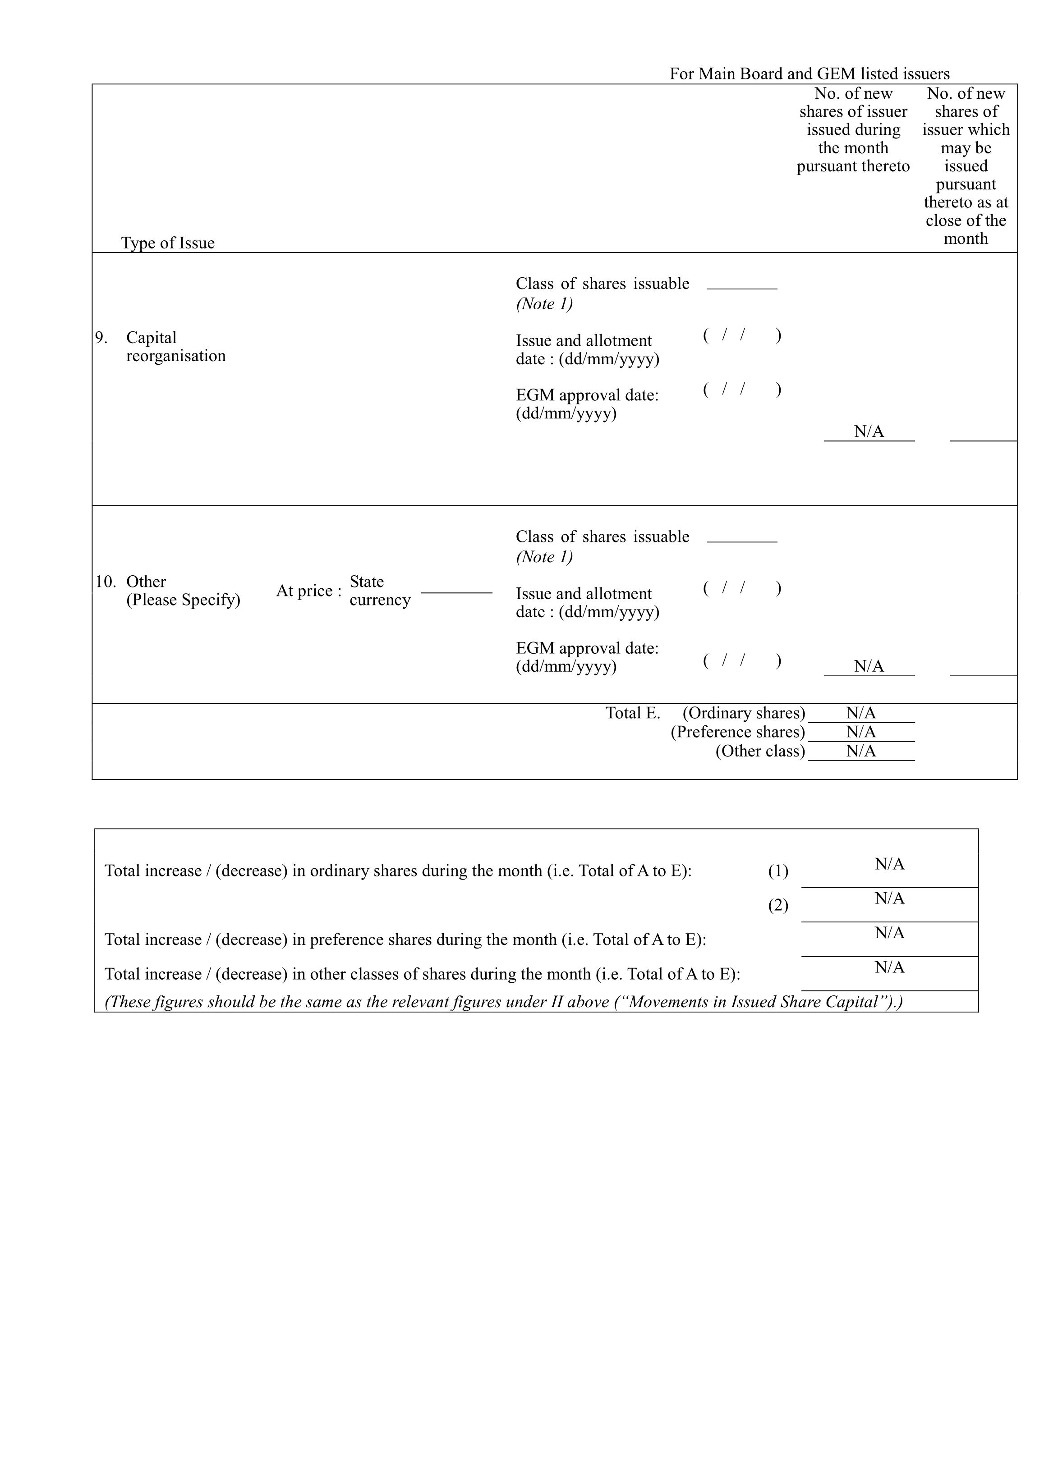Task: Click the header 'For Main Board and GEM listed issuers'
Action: click(x=809, y=74)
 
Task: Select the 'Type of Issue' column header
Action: click(x=167, y=243)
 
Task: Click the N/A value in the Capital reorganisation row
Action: click(x=869, y=431)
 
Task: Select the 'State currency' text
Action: click(x=380, y=591)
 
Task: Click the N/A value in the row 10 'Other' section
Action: click(x=869, y=666)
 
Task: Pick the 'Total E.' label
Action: click(x=632, y=713)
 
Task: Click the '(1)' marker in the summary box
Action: click(x=777, y=871)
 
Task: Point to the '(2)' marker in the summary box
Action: click(x=777, y=905)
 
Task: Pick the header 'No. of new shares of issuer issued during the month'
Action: click(x=853, y=130)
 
